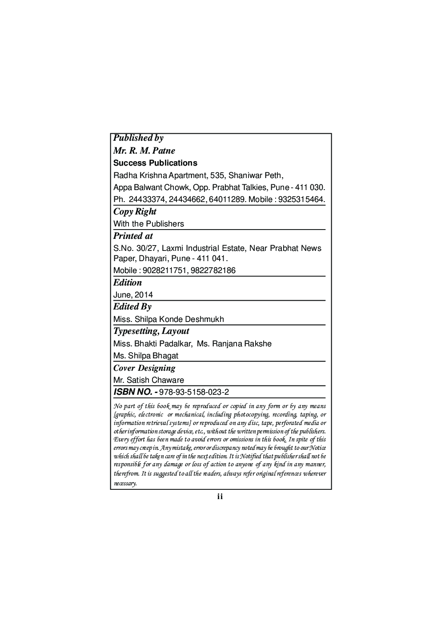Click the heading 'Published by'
click(x=138, y=138)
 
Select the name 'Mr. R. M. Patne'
click(x=144, y=151)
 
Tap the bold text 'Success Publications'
click(x=155, y=163)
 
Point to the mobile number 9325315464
click(x=301, y=199)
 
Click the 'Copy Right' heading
click(x=135, y=211)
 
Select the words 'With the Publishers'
click(x=148, y=224)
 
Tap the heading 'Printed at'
click(x=133, y=236)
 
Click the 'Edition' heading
click(x=128, y=282)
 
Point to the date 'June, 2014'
click(x=133, y=295)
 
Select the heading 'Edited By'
click(x=132, y=306)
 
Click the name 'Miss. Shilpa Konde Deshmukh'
click(x=168, y=319)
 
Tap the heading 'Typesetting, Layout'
click(x=151, y=331)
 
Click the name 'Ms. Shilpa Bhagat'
click(x=146, y=356)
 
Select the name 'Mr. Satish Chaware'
click(x=148, y=380)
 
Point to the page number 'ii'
click(x=220, y=496)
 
